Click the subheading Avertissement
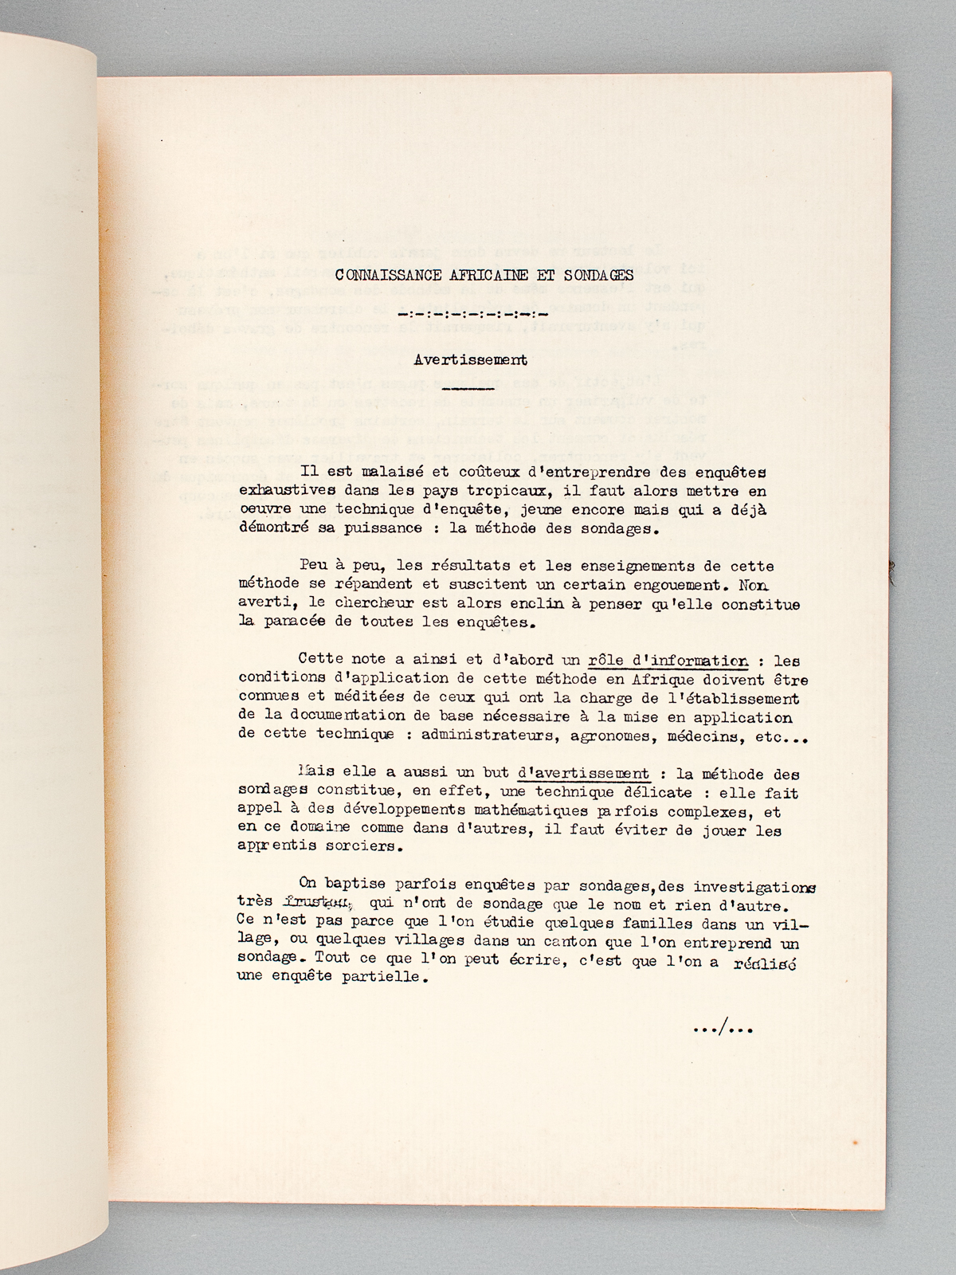470,359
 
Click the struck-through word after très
317,904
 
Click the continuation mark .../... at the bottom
723,1029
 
